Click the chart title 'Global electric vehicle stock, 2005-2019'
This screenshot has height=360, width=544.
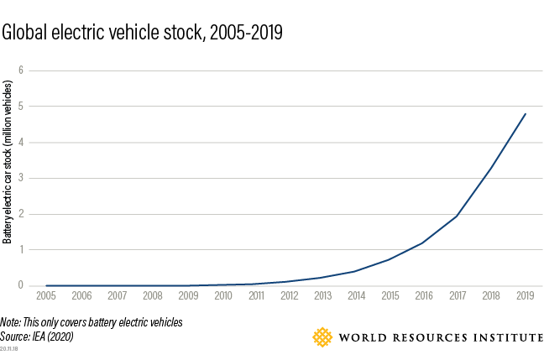click(x=143, y=34)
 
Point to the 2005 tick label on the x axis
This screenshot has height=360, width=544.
click(x=46, y=296)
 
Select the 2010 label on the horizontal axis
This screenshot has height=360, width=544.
click(x=223, y=296)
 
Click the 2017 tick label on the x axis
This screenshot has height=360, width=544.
click(x=457, y=296)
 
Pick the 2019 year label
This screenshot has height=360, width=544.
click(x=526, y=296)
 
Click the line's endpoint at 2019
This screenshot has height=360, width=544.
click(x=526, y=113)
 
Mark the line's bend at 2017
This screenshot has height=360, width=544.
click(x=457, y=216)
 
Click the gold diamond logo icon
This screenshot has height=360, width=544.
click(x=322, y=337)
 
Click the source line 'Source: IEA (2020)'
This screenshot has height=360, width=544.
click(x=34, y=335)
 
